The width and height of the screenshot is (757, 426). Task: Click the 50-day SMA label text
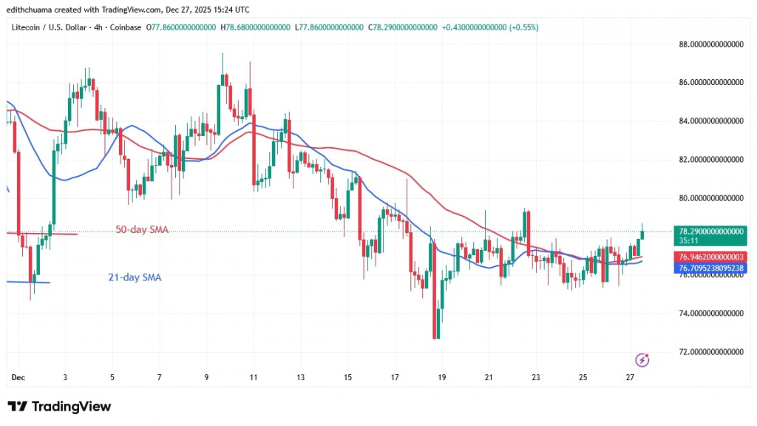[x=142, y=230]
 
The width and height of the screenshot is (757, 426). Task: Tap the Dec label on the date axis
[x=18, y=377]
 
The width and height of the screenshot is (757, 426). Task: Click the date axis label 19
[x=442, y=377]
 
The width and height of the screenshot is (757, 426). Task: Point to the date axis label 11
[x=254, y=377]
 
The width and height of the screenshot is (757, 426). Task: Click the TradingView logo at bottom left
[x=59, y=407]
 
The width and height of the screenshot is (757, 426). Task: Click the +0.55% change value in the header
[x=522, y=27]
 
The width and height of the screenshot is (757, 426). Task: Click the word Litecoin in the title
[x=26, y=27]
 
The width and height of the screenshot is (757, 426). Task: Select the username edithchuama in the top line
[x=35, y=9]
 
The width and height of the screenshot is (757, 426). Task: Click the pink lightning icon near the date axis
[x=642, y=359]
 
